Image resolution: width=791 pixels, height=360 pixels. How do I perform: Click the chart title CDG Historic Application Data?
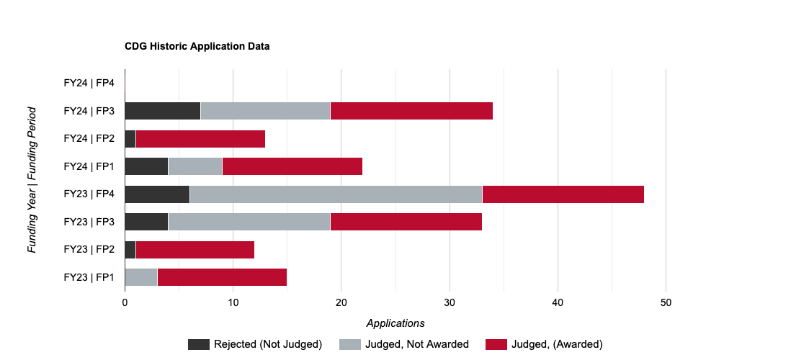coord(197,47)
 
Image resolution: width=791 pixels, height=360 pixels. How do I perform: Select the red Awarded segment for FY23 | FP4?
coord(563,194)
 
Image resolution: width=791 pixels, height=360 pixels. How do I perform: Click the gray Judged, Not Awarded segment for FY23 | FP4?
coord(336,194)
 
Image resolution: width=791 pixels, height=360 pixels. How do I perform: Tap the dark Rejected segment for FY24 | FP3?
coord(162,111)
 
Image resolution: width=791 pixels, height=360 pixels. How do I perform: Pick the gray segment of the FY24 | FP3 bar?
coord(265,111)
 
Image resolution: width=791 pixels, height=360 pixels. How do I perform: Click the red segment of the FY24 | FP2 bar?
coord(200,139)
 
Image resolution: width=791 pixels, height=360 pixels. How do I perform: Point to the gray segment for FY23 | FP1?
coord(141,277)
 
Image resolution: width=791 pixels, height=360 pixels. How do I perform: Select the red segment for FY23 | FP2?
coord(195,250)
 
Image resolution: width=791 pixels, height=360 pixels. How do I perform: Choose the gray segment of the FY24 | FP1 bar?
coord(195,166)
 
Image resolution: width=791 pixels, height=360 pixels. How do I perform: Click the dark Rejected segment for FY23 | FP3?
coord(146,222)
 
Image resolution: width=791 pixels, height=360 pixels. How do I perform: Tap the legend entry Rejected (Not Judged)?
coord(255,344)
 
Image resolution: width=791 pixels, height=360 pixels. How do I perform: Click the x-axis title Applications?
coord(395,323)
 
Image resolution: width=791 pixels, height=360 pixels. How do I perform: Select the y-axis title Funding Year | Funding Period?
coord(32,180)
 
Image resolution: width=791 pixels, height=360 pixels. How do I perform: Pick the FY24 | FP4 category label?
coord(89,84)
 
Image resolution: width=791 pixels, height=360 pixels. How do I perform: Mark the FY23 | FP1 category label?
coord(89,277)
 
